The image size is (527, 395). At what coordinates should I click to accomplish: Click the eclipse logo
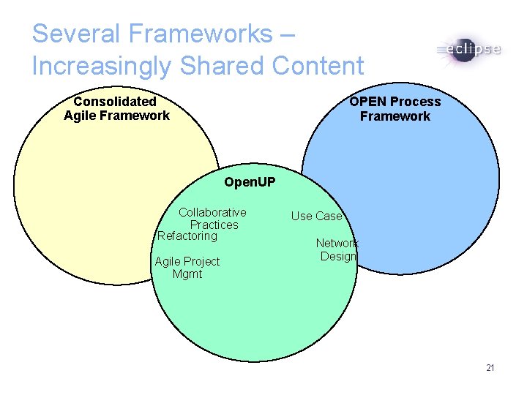point(468,50)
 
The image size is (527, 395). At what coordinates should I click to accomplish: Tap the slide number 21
point(490,367)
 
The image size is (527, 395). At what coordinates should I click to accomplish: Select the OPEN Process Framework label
point(395,108)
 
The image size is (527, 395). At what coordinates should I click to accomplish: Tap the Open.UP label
point(250,181)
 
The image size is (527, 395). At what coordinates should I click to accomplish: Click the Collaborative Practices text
point(213,219)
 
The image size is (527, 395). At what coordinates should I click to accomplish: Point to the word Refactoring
point(187,236)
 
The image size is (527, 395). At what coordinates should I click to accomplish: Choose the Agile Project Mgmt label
point(187,268)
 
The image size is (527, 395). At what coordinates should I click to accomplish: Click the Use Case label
point(316,216)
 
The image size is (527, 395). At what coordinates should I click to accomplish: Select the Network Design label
point(337,249)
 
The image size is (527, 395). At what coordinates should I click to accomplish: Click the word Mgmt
point(187,274)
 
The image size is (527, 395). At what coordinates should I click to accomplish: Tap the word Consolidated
point(115,101)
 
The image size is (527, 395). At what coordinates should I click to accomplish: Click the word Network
point(337,243)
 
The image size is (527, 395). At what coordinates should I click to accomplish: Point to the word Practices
point(214,225)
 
